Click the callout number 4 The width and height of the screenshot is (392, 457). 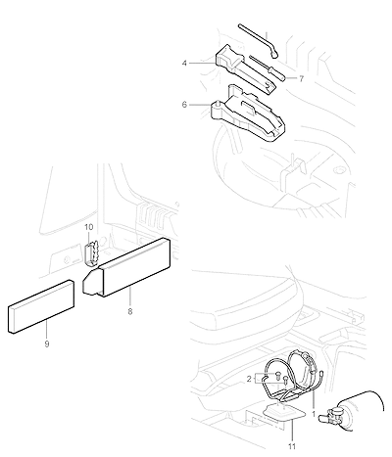coord(184,63)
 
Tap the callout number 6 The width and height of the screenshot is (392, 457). coord(184,105)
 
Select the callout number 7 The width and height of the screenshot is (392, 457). coord(301,78)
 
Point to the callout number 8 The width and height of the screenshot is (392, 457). coord(130,312)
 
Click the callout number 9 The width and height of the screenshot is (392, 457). coord(47,343)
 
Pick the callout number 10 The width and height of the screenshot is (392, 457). coord(89,227)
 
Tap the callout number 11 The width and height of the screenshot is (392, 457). coord(292,446)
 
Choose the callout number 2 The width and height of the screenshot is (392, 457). coord(249,379)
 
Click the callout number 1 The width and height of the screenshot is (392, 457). coord(314,415)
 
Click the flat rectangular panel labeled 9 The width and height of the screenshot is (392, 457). coord(40,306)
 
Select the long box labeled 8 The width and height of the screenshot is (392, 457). coord(127,267)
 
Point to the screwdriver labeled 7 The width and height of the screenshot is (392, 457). coord(268,69)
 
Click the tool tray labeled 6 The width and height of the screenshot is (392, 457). coord(248,114)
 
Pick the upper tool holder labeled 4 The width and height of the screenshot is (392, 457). coord(245,69)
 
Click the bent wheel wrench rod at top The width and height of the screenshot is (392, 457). coord(258,40)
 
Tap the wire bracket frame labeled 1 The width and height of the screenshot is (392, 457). coord(294,379)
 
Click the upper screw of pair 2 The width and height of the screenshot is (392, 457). coord(278,374)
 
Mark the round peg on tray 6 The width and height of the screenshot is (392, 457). coord(217,103)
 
